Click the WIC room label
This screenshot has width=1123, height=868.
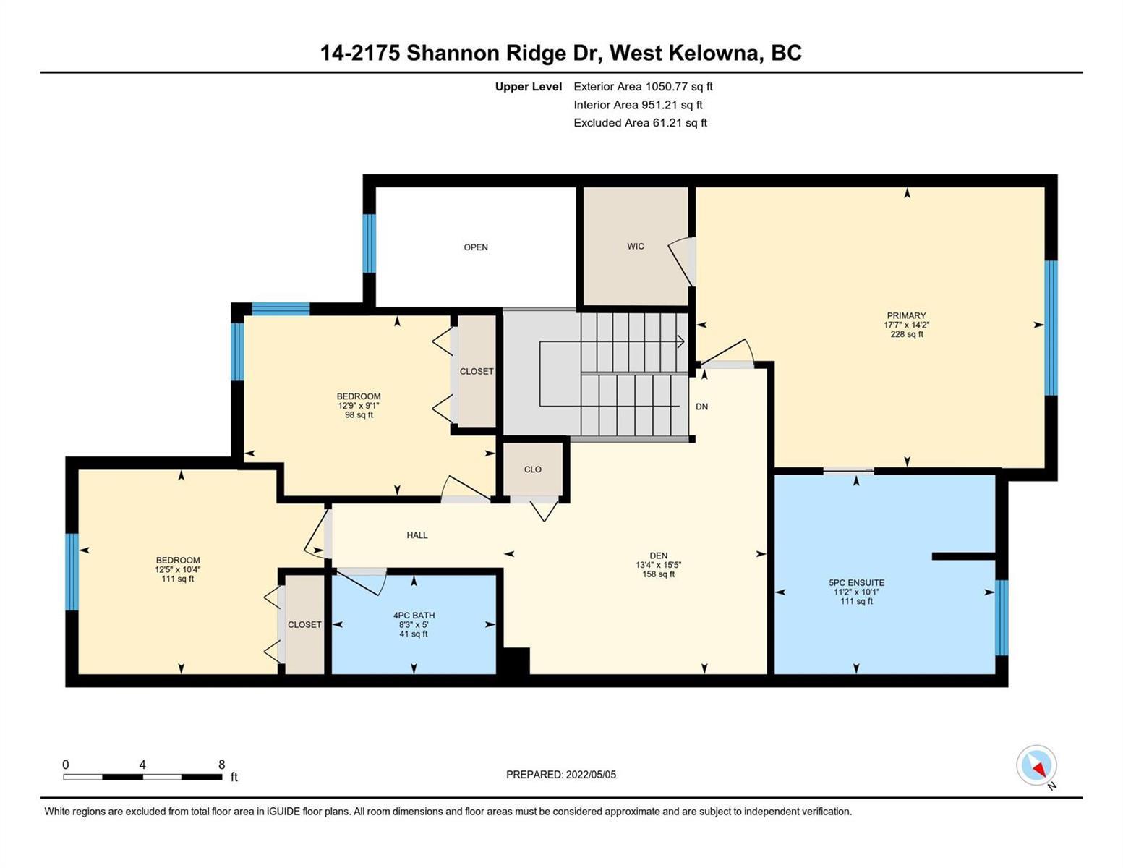635,246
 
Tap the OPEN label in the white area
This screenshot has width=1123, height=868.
476,247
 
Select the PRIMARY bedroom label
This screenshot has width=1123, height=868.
906,315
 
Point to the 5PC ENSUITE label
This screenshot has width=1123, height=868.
856,582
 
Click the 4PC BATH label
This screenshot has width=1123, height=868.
414,616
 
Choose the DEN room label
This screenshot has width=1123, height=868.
659,556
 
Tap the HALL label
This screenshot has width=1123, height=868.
417,535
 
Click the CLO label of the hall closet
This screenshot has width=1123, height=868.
532,469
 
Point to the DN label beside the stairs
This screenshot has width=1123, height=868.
701,407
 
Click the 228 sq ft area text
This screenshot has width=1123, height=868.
907,334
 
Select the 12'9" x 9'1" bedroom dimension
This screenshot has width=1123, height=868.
359,406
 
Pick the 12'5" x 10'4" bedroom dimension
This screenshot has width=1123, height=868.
178,570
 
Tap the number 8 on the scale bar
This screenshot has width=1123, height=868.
222,764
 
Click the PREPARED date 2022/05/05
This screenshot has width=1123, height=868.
591,775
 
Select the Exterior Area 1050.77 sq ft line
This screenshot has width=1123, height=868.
643,86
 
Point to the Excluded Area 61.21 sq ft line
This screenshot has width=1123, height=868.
640,122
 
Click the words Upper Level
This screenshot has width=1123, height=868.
528,86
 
